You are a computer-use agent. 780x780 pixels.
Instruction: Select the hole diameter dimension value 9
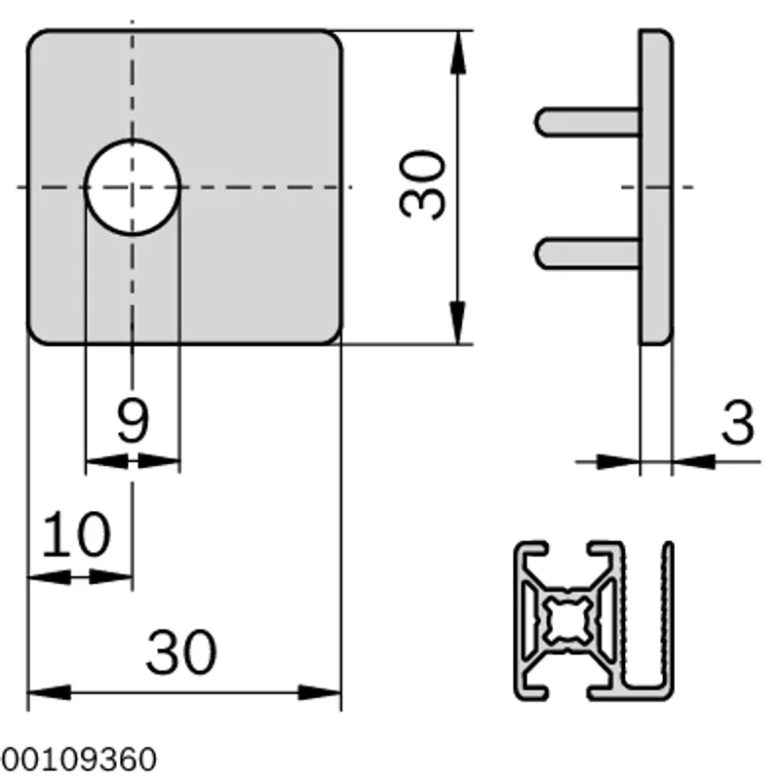coord(133,420)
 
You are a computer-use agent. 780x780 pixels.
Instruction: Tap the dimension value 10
coord(76,534)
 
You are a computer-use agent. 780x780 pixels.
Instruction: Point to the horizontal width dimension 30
coord(181,651)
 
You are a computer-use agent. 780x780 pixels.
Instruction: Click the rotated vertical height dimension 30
coord(422,184)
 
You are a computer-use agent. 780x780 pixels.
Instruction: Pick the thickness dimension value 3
coord(738,422)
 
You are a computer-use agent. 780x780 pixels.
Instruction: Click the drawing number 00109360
coord(79,760)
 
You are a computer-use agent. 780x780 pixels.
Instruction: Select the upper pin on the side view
coord(588,121)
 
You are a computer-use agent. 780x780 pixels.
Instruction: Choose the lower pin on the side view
coord(588,253)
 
